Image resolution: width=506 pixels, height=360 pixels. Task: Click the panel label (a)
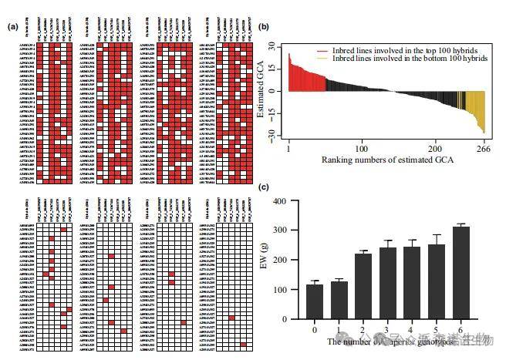(12, 27)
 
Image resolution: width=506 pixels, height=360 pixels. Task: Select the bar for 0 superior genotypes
(315, 301)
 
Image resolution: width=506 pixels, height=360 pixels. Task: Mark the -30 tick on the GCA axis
(272, 133)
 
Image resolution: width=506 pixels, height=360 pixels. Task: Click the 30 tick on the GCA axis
(272, 48)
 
